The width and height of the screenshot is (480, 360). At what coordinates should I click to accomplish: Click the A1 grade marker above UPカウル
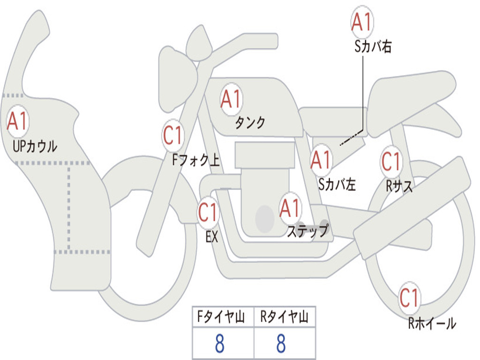(x=17, y=121)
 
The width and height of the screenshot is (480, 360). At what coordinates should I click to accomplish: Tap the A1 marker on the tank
(x=231, y=99)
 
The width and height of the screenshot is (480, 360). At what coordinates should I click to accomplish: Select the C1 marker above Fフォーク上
(x=172, y=135)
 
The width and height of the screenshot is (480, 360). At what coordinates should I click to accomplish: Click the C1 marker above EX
(x=208, y=212)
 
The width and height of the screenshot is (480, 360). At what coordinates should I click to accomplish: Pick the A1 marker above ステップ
(x=290, y=208)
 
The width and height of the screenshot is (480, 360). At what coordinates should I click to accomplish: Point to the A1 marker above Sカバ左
(x=321, y=160)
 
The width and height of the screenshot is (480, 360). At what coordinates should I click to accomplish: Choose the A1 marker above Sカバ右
(x=362, y=22)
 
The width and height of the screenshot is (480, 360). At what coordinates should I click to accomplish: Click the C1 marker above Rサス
(x=391, y=161)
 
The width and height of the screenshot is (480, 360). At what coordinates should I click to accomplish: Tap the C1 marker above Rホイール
(x=409, y=298)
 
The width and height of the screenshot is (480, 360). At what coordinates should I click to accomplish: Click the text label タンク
(x=250, y=123)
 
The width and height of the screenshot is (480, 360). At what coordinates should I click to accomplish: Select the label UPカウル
(x=35, y=146)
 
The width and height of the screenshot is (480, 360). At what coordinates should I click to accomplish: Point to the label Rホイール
(x=432, y=323)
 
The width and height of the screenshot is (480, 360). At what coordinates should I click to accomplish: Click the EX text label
(x=212, y=237)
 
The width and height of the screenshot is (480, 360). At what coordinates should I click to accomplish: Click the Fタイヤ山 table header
(x=221, y=316)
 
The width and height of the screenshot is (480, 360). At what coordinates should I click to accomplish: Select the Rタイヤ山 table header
(x=284, y=316)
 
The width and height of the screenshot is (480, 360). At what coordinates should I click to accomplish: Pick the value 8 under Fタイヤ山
(x=220, y=344)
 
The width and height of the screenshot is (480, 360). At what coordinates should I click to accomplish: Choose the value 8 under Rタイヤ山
(x=281, y=344)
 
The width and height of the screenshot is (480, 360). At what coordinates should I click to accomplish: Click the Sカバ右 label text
(x=373, y=46)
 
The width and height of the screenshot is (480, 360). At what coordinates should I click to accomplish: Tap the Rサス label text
(x=399, y=186)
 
